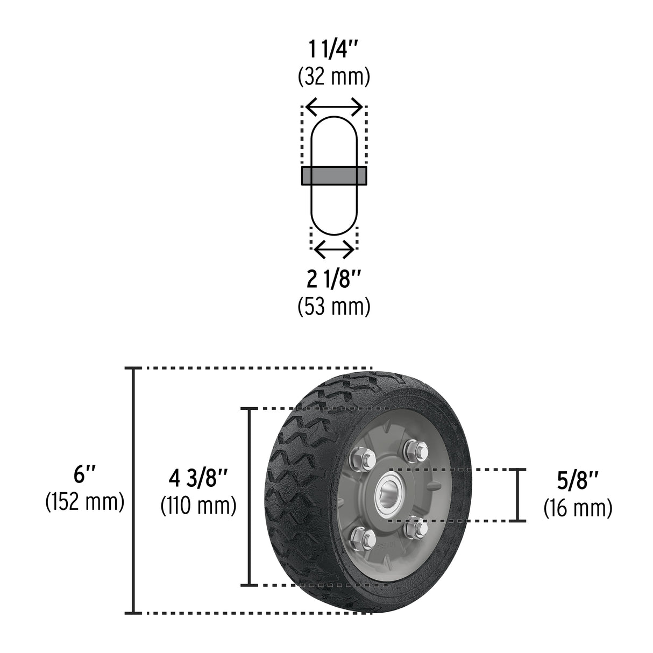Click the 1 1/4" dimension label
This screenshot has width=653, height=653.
pos(333,53)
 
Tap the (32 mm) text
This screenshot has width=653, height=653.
pos(333,78)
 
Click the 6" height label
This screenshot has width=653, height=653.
pos(85,475)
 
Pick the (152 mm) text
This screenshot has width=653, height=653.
pos(85,501)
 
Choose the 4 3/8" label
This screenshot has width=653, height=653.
pos(198,479)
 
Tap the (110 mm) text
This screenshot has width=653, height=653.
pos(198,506)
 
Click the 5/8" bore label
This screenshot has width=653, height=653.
pos(578,481)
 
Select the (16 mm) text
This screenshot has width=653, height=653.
pos(578,508)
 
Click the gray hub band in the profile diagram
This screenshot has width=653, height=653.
pos(333,176)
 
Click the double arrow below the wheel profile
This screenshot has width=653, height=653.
pos(333,249)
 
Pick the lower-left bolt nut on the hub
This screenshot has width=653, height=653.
pos(358,535)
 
